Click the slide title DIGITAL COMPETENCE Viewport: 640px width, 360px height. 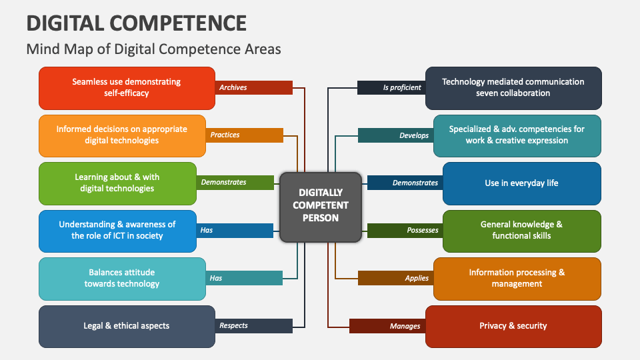137,23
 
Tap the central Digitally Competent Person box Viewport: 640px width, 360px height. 321,207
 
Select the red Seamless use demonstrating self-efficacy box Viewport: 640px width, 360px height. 127,87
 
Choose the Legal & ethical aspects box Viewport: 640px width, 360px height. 127,326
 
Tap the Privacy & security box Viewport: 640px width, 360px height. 513,326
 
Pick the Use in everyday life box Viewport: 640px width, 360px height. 521,183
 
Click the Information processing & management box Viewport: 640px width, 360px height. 517,278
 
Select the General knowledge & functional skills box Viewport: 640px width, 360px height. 521,230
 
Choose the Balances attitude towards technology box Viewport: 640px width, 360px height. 122,278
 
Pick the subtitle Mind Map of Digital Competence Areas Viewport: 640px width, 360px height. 153,49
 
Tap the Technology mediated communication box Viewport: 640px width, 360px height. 513,87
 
